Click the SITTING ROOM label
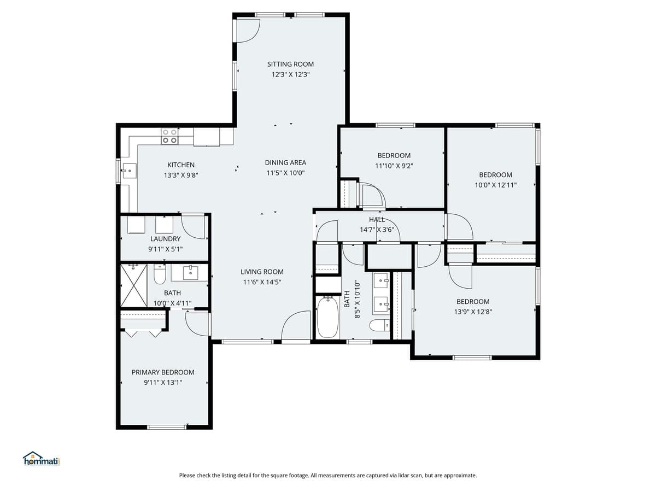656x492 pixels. (x=290, y=64)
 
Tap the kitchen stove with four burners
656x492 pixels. (x=169, y=136)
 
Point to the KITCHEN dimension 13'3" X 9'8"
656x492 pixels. (x=180, y=175)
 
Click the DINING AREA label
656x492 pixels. (x=285, y=162)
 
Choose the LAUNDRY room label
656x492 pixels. (x=165, y=239)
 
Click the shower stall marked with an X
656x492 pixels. (x=133, y=285)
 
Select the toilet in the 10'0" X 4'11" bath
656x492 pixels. (x=160, y=275)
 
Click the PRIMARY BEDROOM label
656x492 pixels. (x=163, y=372)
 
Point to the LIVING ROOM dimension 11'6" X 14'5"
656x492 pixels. (x=262, y=282)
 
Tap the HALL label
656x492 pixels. (x=377, y=220)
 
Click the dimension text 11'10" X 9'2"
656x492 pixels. (x=394, y=166)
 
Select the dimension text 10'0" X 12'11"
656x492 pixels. (x=495, y=185)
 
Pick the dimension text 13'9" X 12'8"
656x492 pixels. (x=473, y=312)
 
